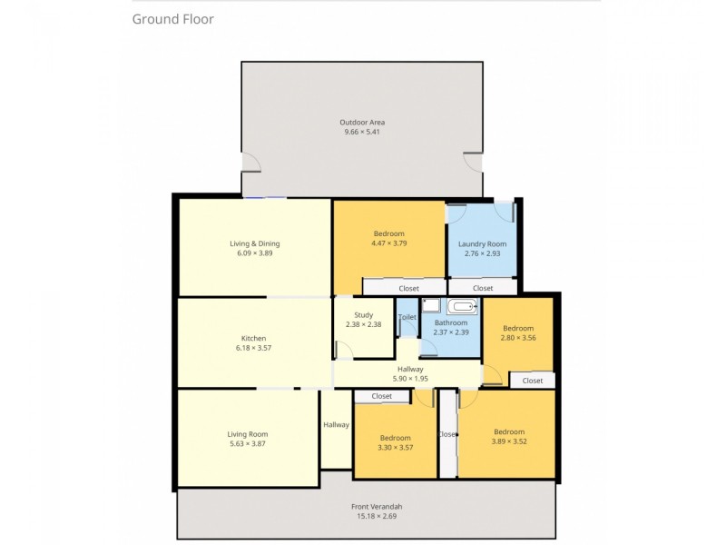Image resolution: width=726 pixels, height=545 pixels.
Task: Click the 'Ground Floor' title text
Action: tap(173, 19)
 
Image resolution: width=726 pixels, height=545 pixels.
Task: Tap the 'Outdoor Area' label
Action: tap(362, 123)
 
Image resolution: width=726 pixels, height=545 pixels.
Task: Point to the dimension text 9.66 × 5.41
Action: tap(362, 133)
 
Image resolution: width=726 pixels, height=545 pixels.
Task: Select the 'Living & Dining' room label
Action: tap(254, 243)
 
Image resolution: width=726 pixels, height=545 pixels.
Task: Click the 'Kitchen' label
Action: tap(253, 339)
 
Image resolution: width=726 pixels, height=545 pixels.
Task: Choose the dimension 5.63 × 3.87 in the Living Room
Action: tap(248, 444)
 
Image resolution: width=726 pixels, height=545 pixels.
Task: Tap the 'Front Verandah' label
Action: tap(377, 506)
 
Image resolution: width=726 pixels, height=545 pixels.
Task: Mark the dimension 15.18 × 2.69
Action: tap(377, 516)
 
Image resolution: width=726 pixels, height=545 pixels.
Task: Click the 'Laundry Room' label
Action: tap(482, 243)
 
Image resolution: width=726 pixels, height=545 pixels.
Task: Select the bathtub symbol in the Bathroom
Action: tap(462, 307)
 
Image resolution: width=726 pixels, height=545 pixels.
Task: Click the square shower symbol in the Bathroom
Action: tap(431, 306)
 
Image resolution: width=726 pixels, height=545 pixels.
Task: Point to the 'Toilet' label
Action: tap(407, 317)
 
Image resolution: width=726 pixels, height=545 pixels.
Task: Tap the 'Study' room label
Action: tap(363, 315)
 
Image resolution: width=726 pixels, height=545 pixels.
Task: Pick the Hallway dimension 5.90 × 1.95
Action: tap(410, 379)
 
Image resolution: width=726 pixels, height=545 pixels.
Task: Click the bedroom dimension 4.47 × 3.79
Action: tap(388, 243)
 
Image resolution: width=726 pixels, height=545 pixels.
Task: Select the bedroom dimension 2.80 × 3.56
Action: tap(518, 338)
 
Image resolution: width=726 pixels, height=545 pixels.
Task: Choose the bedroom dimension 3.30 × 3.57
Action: tap(395, 448)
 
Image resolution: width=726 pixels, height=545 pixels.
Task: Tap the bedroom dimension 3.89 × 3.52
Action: tap(509, 441)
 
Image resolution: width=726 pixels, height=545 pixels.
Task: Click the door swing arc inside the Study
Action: tap(343, 348)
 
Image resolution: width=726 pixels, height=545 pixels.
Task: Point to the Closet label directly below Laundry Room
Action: tap(483, 288)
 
